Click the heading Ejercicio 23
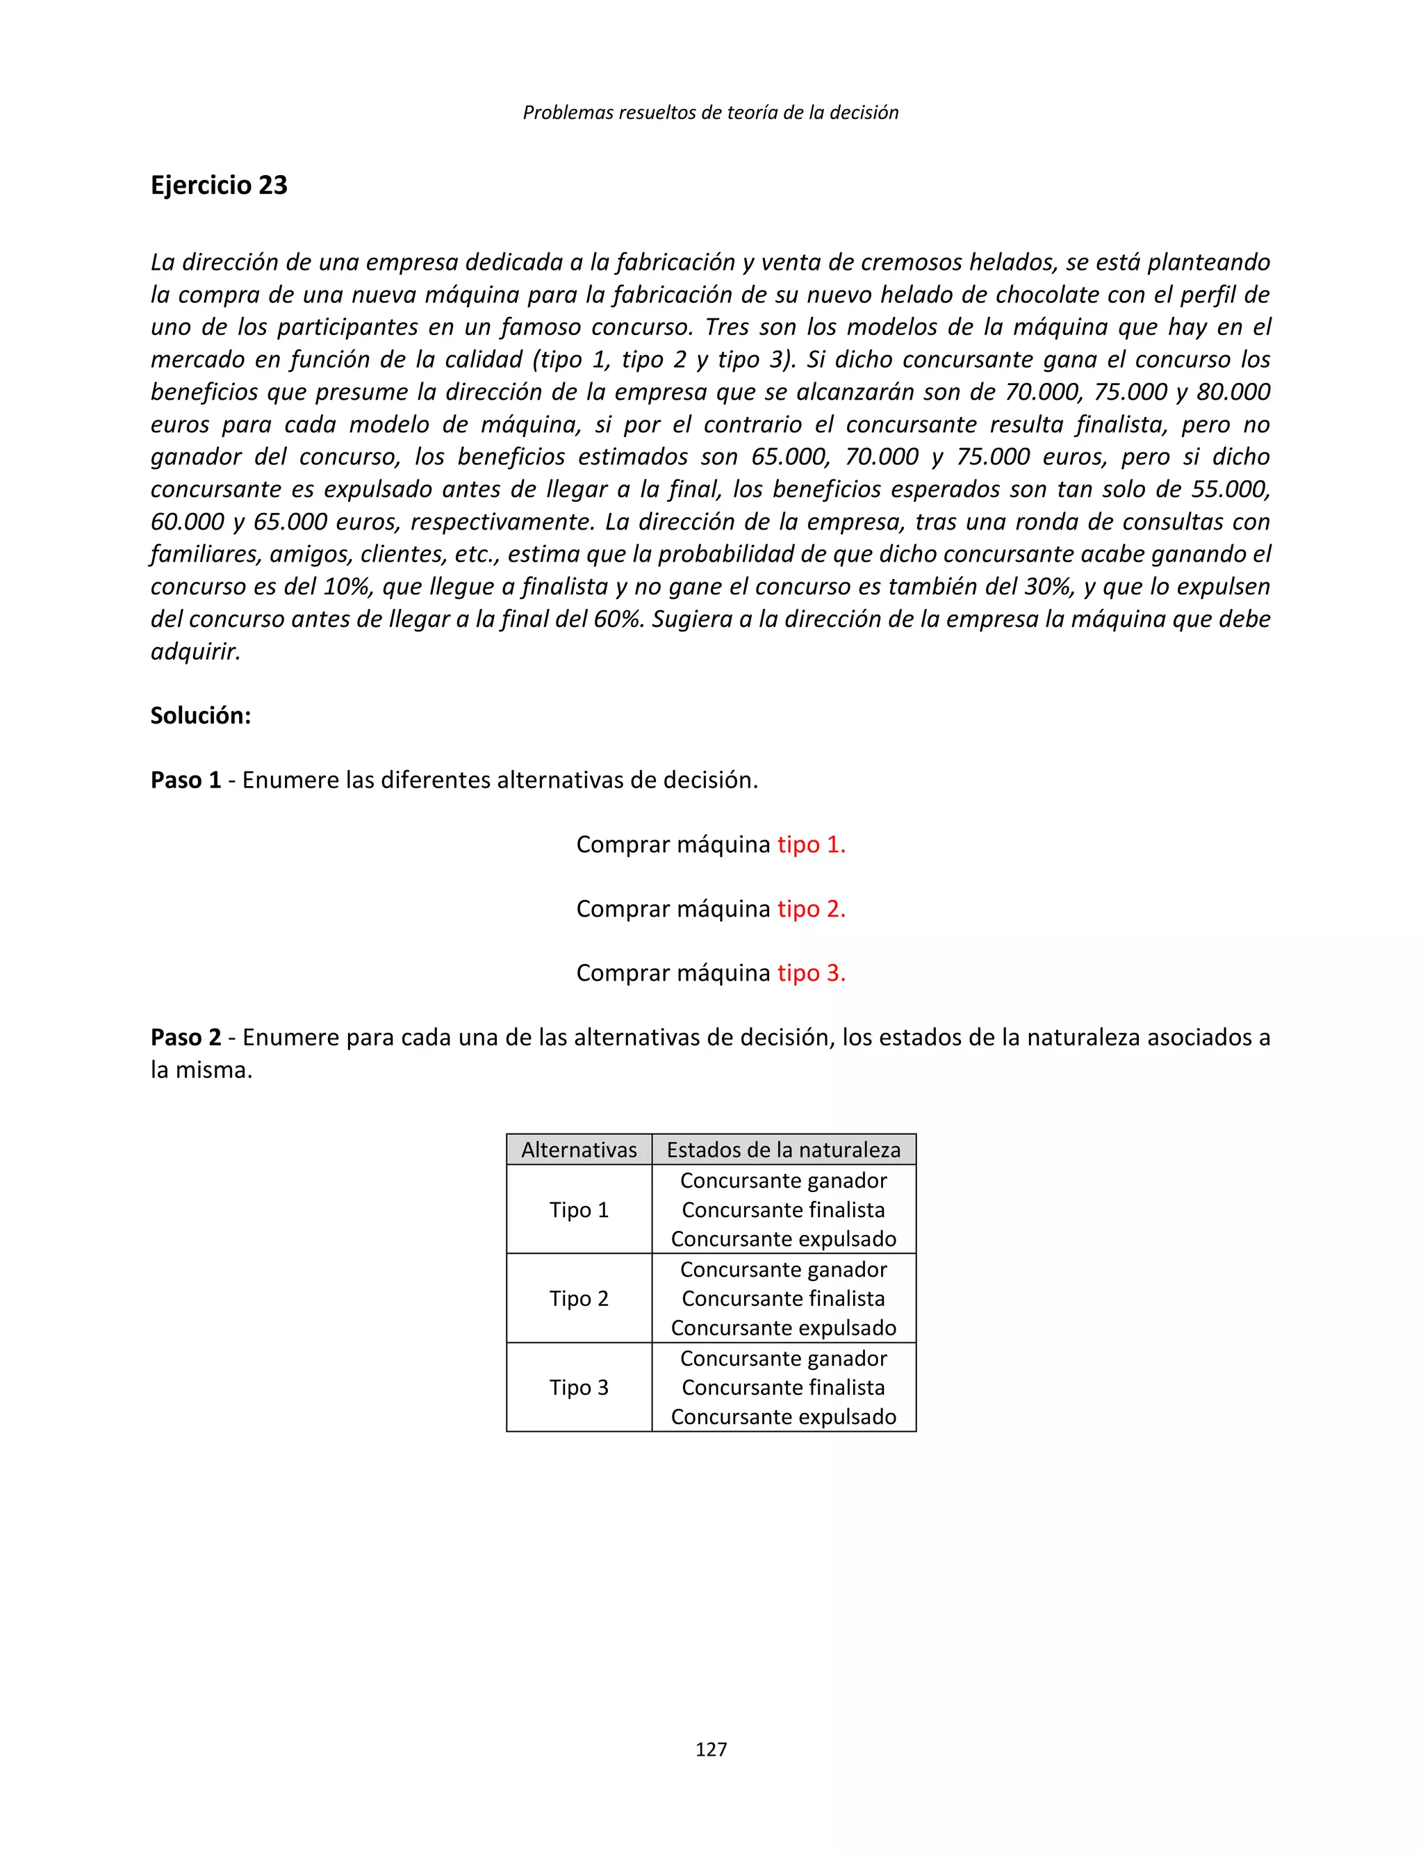coord(219,185)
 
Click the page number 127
coord(711,1749)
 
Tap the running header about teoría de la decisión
coord(711,112)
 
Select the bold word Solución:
coord(201,715)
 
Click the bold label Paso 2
coord(186,1037)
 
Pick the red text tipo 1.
coord(812,844)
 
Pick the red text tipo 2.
coord(812,908)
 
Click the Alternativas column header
coord(579,1150)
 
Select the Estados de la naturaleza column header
coord(784,1150)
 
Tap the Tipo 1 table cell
coord(579,1210)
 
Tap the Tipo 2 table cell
coord(579,1299)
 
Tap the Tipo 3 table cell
coord(579,1388)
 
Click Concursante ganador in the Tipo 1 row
coord(784,1180)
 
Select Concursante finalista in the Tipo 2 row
coord(784,1299)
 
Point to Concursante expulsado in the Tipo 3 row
coord(784,1417)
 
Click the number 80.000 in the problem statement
coord(1233,392)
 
